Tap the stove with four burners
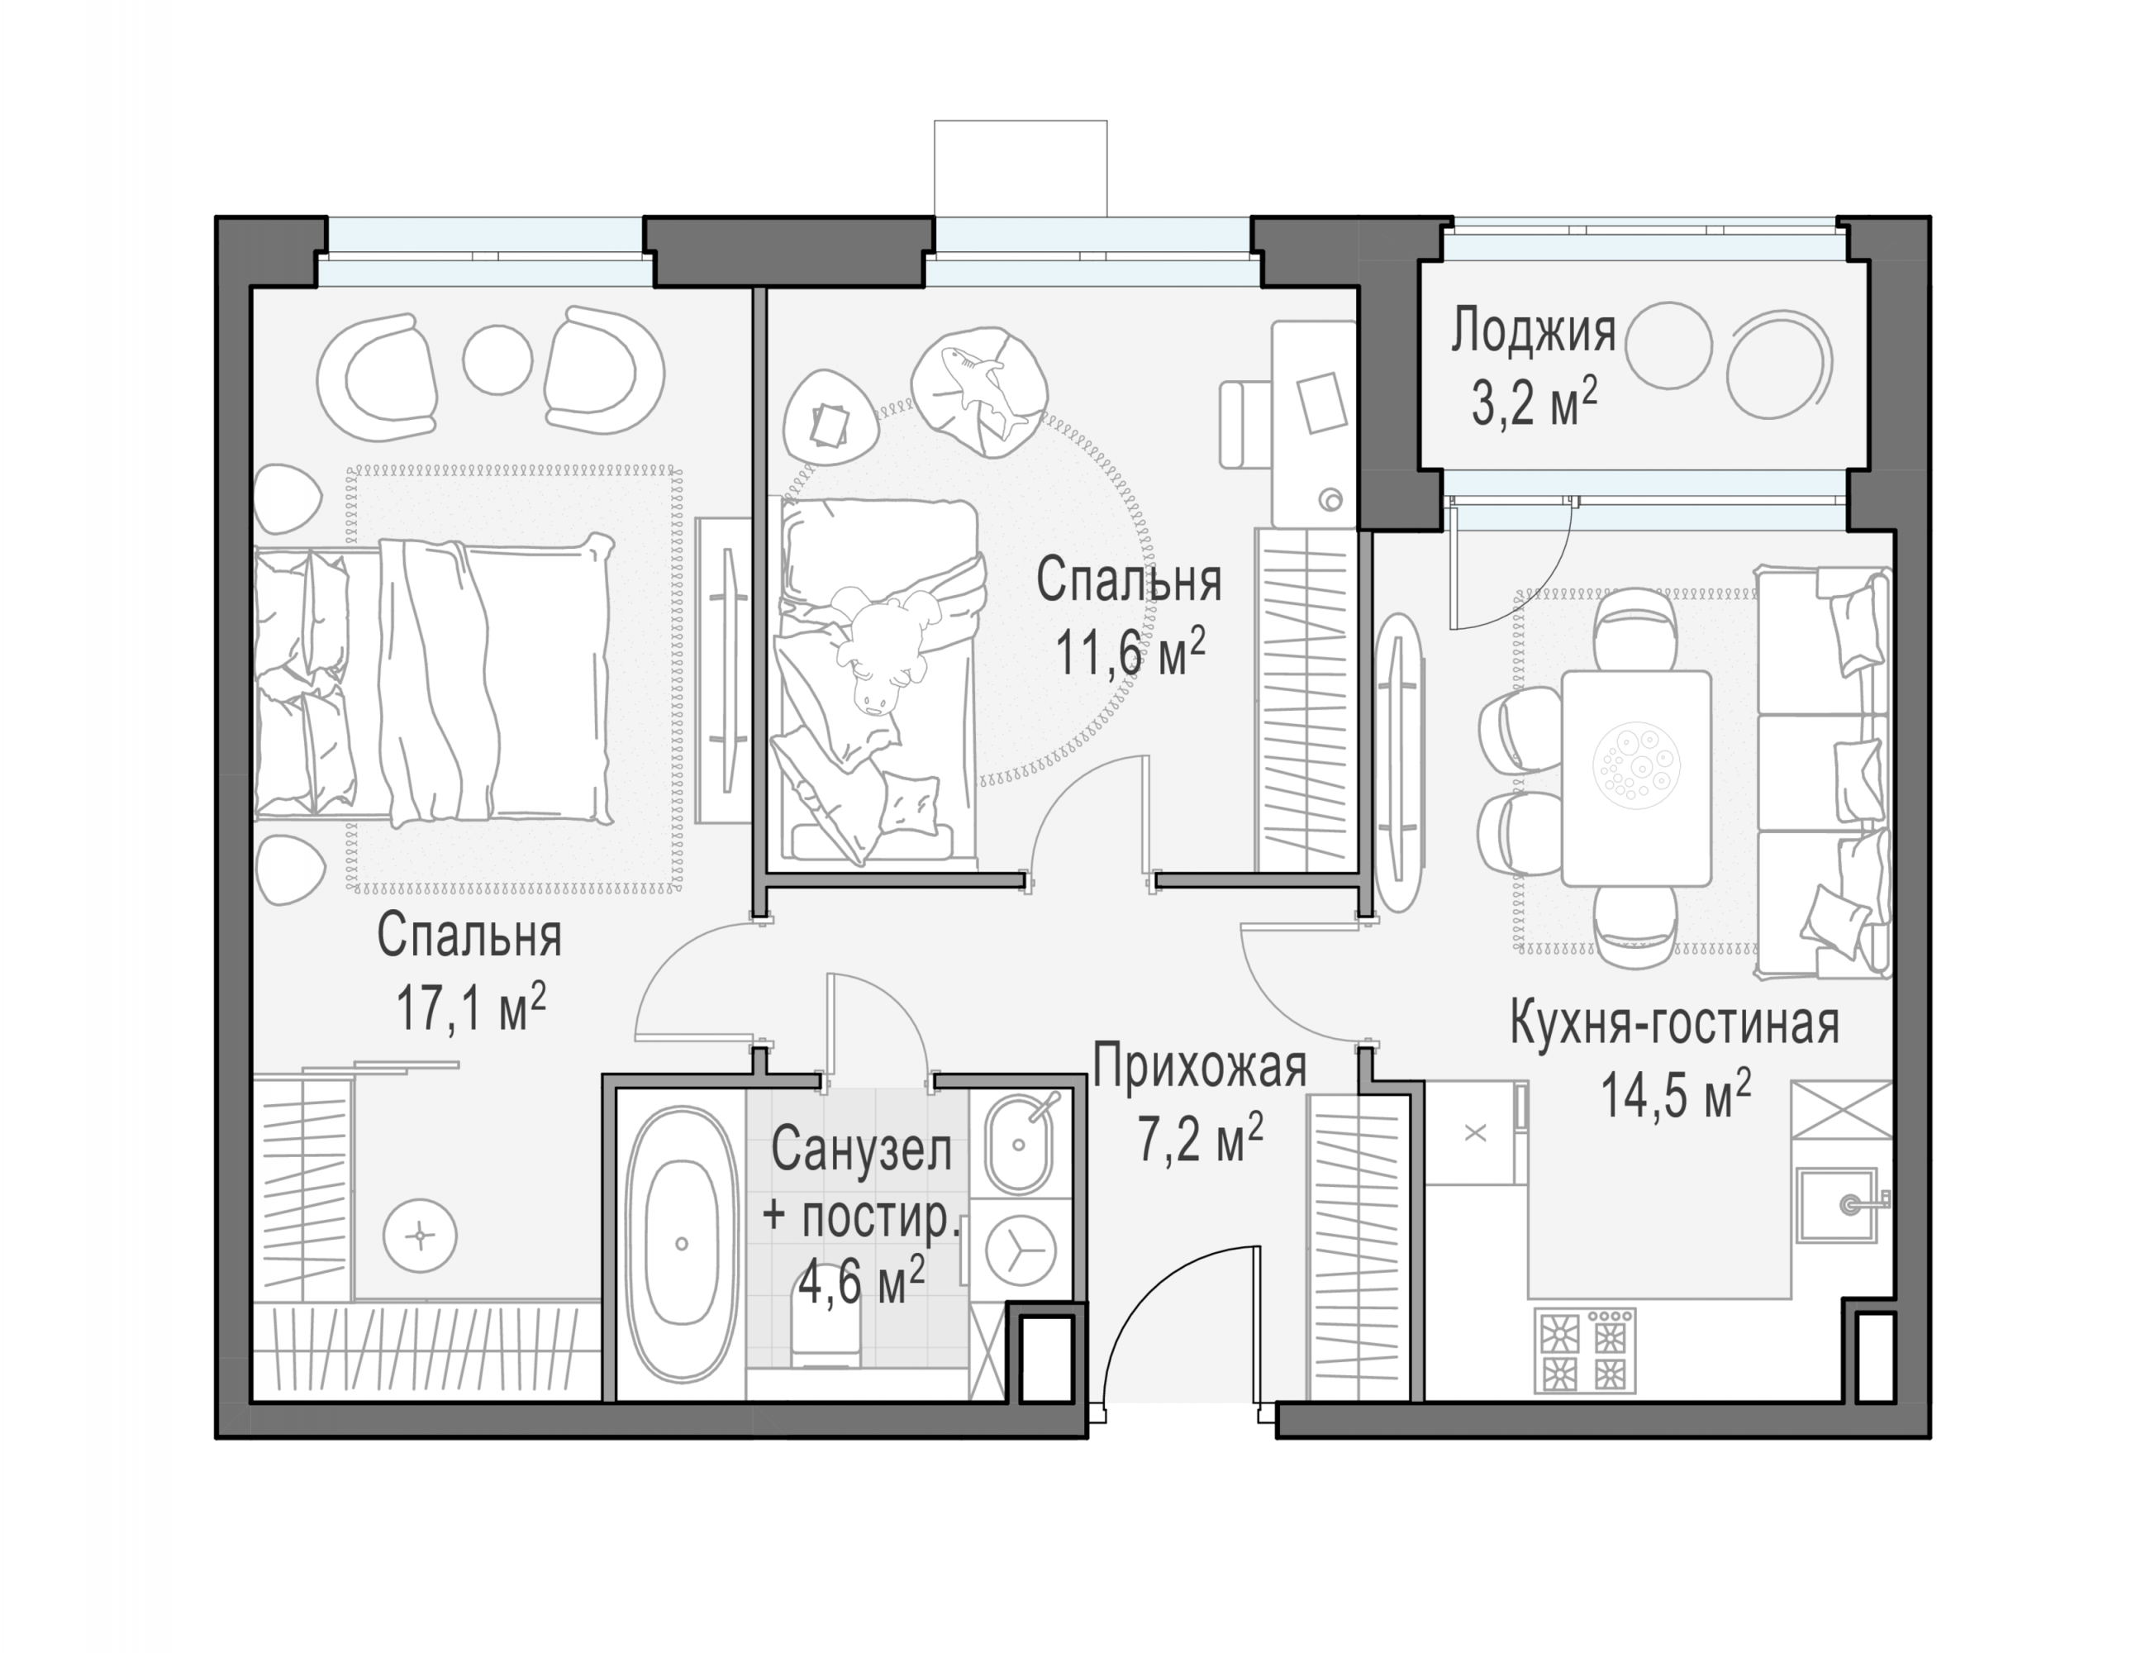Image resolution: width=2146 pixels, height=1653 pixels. pos(1584,1351)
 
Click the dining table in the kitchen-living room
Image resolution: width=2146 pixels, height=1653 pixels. pos(1635,778)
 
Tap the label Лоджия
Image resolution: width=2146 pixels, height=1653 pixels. pos(1533,331)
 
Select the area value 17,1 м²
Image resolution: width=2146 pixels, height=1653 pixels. pos(471,1008)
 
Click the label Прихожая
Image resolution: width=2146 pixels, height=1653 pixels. pos(1200,1066)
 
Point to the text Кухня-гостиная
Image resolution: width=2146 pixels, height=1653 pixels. pos(1674,1023)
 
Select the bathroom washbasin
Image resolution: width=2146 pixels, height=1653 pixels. pos(1020,1144)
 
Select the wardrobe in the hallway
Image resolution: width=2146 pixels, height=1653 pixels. pos(1357,1248)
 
